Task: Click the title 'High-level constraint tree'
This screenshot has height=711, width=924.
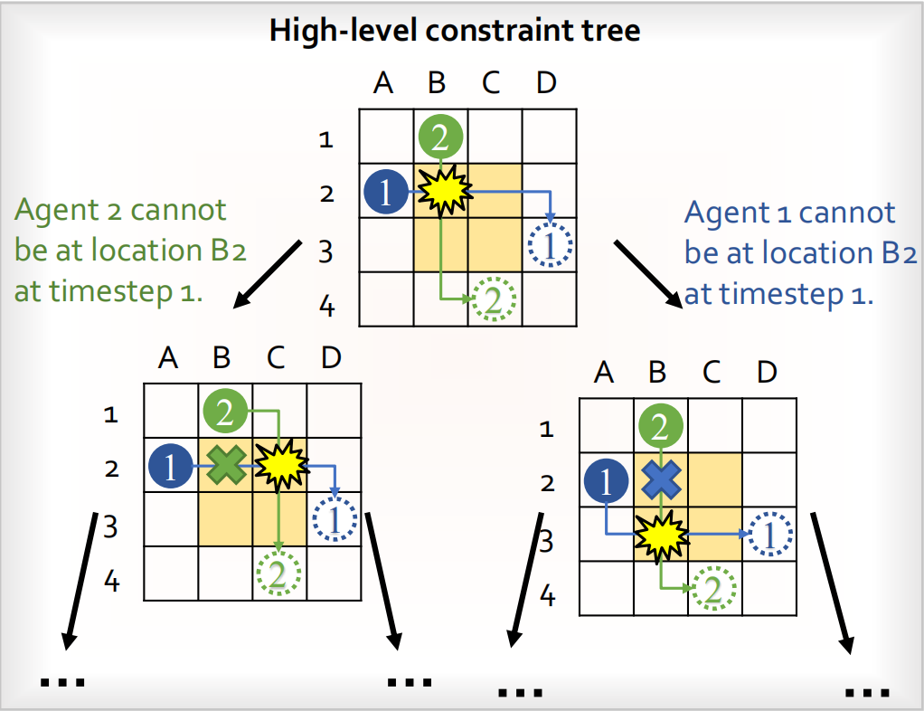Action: click(x=455, y=30)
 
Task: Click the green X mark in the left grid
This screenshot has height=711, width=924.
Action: click(x=226, y=466)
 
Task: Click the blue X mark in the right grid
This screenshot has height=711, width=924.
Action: click(x=661, y=480)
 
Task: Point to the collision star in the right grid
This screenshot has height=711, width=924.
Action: click(x=661, y=535)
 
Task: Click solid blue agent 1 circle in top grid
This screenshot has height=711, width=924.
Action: click(x=386, y=192)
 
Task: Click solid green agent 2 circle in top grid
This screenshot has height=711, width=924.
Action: click(x=440, y=137)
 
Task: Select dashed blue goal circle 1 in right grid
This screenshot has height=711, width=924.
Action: click(x=770, y=535)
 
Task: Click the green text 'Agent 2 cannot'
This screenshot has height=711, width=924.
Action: click(x=119, y=211)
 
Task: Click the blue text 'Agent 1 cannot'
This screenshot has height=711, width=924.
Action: click(x=789, y=213)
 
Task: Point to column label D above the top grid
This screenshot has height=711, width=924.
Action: click(x=546, y=83)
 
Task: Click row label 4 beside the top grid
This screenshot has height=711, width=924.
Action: click(x=326, y=307)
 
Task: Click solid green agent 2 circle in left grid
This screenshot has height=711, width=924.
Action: click(x=225, y=412)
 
